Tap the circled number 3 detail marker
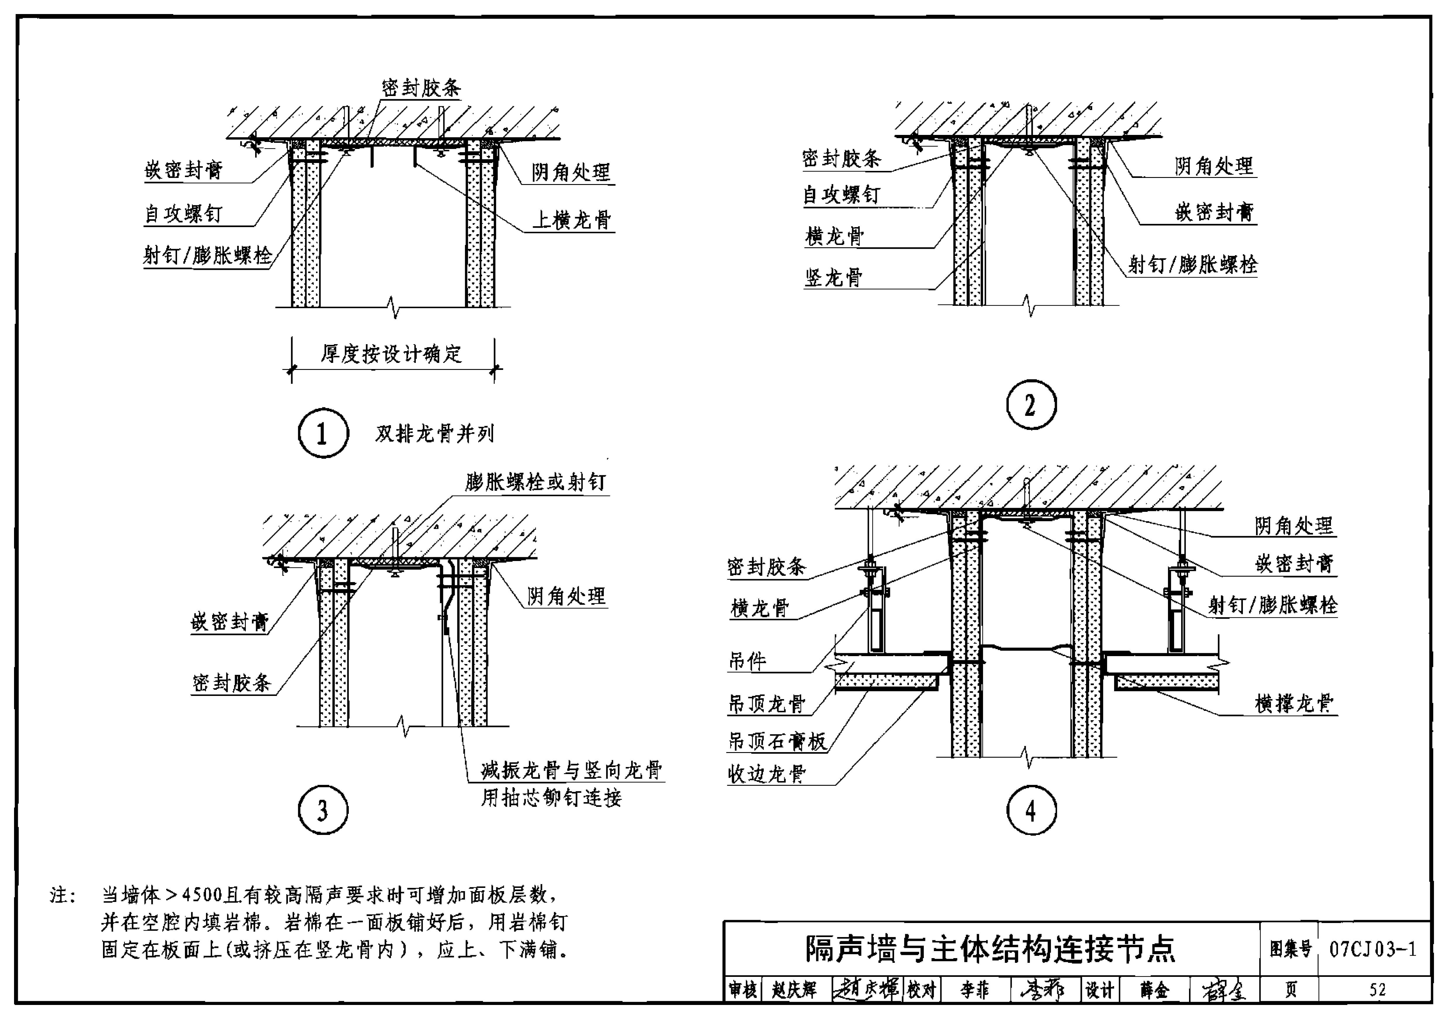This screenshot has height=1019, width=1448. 323,810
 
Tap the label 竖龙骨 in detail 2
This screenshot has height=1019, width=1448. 833,277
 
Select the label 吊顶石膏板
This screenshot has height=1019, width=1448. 777,742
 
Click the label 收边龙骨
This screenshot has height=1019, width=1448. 767,774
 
